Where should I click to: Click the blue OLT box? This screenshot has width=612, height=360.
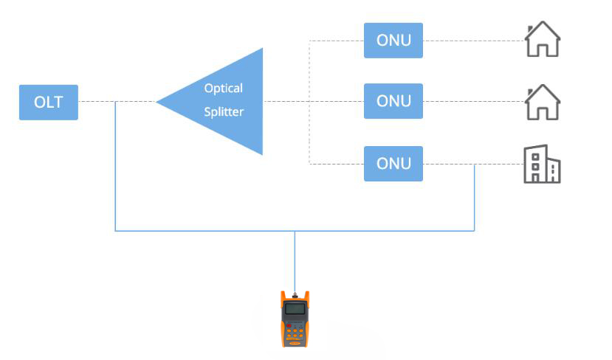tap(49, 102)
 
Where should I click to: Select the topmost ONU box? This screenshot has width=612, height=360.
tap(393, 40)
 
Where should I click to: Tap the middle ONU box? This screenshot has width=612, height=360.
tap(393, 101)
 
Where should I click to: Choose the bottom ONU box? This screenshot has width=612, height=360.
tap(393, 164)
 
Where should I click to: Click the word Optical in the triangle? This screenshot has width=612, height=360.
tap(223, 89)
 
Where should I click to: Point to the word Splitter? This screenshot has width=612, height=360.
tap(223, 112)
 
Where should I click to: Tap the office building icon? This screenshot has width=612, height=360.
tap(542, 164)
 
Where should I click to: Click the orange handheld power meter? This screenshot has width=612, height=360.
tap(295, 319)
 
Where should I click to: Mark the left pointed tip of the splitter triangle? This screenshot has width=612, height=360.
tap(158, 102)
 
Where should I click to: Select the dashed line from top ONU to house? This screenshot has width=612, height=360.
tap(472, 40)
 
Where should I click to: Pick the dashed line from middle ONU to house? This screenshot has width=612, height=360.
tap(472, 102)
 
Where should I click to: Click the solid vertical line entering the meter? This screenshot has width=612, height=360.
tap(295, 262)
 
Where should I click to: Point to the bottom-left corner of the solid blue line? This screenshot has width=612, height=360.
tap(116, 231)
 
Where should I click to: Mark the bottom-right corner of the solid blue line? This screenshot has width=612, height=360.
tap(474, 231)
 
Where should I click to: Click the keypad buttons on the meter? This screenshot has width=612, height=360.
tap(295, 329)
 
